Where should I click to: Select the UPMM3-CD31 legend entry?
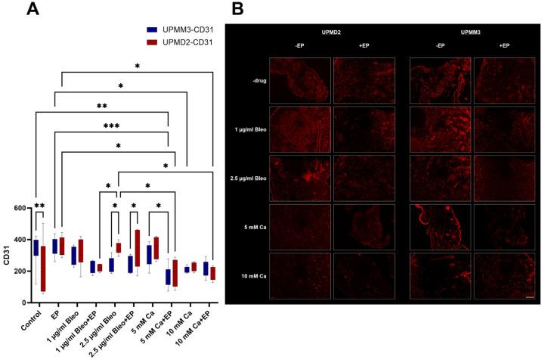179,28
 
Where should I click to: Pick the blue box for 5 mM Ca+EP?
168,277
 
